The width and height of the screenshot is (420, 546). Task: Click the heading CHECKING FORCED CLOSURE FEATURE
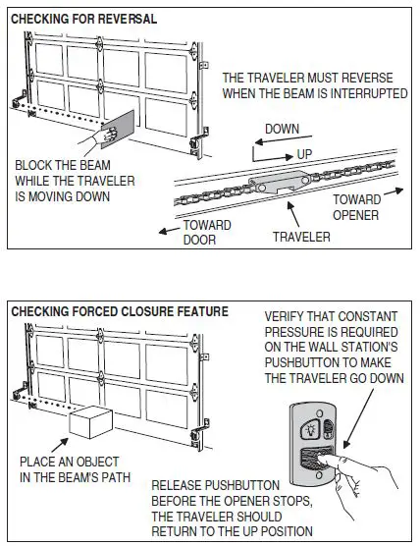click(x=120, y=311)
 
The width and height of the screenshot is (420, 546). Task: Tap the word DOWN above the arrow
click(x=281, y=129)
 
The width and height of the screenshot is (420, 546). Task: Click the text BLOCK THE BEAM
click(x=61, y=165)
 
